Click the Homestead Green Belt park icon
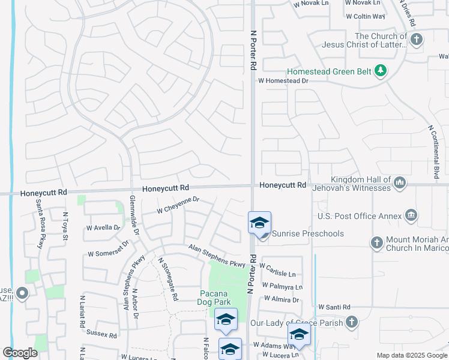(379, 71)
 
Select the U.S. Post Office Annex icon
(411, 215)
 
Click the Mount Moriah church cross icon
(376, 242)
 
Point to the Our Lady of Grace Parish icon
(351, 322)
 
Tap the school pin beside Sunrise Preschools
(259, 223)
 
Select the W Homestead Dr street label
(283, 80)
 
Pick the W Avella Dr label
(103, 228)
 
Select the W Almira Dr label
(278, 299)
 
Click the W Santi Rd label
(334, 307)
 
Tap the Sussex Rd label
(101, 335)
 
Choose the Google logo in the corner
(20, 353)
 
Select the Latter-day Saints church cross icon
(416, 40)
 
